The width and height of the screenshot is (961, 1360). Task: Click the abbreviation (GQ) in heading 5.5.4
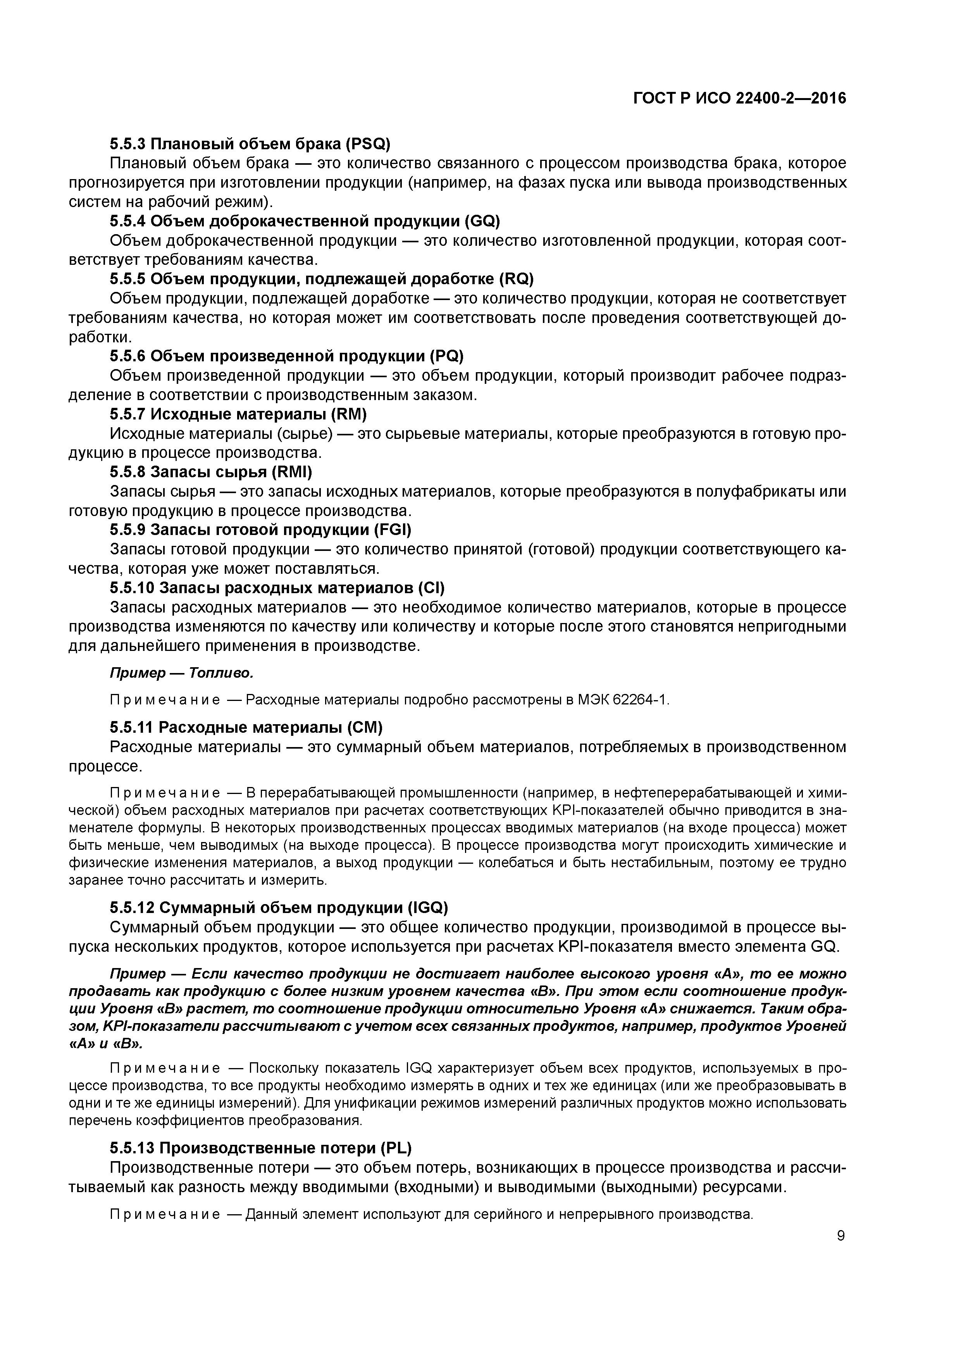482,221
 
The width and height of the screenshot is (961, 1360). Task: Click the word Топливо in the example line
221,673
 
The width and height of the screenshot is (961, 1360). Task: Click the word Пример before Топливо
138,673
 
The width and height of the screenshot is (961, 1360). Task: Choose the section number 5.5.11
131,727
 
